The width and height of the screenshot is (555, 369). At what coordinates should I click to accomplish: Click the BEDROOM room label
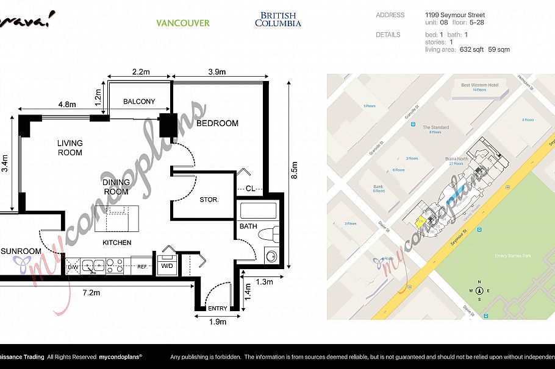pos(217,124)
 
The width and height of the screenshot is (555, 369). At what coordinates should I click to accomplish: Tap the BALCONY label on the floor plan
pos(139,102)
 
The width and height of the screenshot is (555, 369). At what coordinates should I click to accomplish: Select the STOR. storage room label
pos(209,200)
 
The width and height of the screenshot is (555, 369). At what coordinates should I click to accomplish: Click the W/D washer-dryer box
pos(167,265)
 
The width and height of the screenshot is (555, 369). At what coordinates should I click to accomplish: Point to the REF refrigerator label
pos(142,267)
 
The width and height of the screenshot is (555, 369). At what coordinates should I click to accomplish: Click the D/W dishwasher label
pos(73,267)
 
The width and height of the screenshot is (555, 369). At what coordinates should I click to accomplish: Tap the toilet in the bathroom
pos(268,234)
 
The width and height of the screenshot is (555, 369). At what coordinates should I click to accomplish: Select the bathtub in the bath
pos(259,211)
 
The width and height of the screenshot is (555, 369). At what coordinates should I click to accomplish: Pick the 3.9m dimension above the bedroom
pos(217,72)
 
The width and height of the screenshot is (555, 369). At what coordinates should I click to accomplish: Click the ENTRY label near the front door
pos(217,309)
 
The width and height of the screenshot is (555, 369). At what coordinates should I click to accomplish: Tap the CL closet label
pos(250,189)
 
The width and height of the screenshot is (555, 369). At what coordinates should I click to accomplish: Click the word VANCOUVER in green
pos(182,23)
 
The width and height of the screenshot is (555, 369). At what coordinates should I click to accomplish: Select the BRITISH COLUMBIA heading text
pos(277,19)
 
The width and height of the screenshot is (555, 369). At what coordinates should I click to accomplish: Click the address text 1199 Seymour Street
pos(455,15)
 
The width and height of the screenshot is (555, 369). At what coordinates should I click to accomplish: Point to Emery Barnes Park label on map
pos(513,256)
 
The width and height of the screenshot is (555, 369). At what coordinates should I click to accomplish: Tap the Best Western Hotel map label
pos(480,85)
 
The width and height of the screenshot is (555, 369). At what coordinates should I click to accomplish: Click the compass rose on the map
pos(479,290)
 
